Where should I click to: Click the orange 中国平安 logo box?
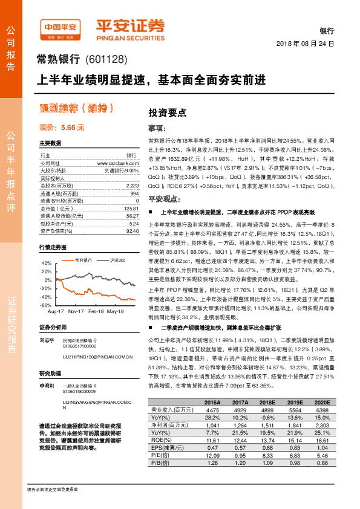click(61, 28)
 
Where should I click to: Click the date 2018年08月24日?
click(305, 44)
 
